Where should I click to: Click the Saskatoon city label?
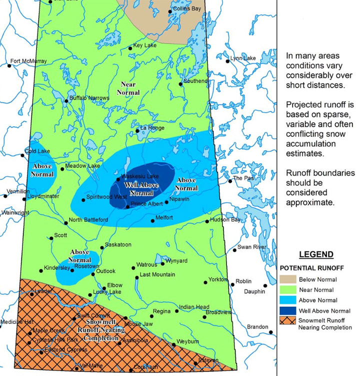pos(118,245)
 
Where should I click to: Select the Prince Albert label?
pos(146,204)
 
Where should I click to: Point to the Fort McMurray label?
pos(28,61)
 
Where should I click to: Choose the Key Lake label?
pos(145,45)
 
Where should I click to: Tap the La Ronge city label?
pos(152,128)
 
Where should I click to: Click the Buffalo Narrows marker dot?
pos(66,101)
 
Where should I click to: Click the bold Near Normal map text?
pos(128,88)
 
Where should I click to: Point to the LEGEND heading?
pos(316,254)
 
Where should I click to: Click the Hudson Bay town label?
pos(225,220)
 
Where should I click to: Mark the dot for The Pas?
pos(230,181)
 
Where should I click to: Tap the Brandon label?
pos(257,327)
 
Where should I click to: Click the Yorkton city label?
pos(218,279)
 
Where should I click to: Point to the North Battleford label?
pos(88,220)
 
